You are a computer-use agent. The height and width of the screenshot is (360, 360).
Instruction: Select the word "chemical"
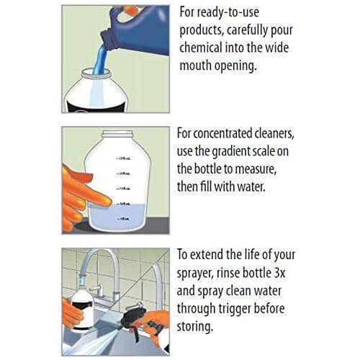201,48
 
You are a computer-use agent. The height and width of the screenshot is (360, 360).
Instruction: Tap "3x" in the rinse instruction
279,273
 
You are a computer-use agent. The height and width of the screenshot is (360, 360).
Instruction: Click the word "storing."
195,327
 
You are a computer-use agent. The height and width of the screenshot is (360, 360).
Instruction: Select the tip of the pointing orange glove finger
110,201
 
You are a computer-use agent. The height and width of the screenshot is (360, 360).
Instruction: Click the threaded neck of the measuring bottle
117,134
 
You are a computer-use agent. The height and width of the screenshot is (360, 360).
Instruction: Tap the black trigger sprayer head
135,317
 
